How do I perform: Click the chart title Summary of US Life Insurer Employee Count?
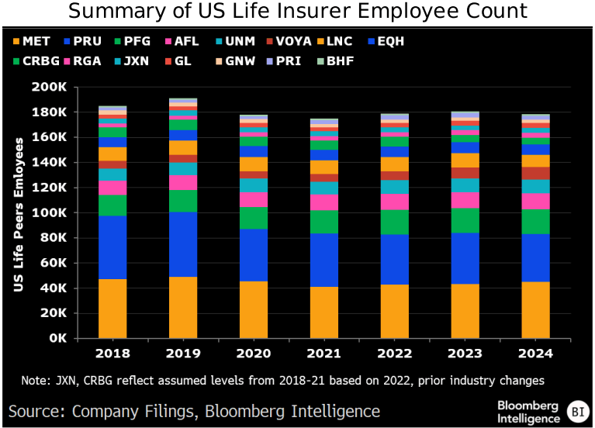point(298,12)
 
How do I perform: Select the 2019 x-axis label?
point(183,354)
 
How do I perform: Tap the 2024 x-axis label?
point(537,354)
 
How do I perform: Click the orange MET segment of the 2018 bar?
point(112,308)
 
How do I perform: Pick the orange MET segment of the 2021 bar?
point(324,312)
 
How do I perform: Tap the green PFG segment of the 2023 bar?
point(465,220)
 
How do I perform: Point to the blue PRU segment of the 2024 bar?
point(537,257)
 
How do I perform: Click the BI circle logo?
point(576,412)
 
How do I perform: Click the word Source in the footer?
point(35,411)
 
